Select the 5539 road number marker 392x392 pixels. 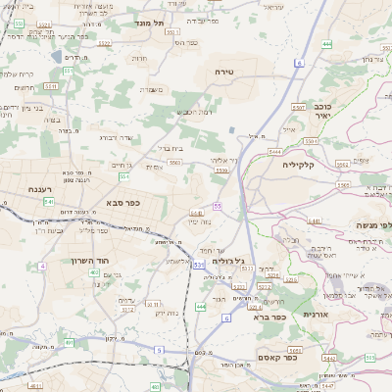pyautogui.click(x=221, y=171)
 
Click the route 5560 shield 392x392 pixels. pyautogui.click(x=173, y=159)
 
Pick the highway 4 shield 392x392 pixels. pyautogui.click(x=42, y=266)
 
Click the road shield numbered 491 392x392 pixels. pyautogui.click(x=69, y=343)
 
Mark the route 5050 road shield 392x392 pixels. pyautogui.click(x=294, y=349)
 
